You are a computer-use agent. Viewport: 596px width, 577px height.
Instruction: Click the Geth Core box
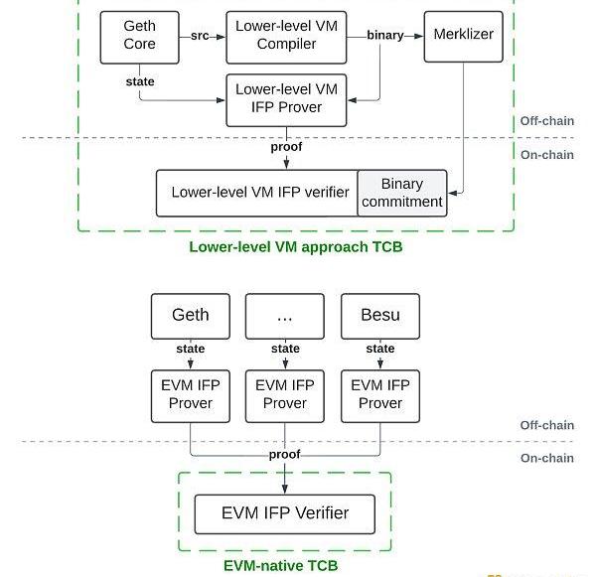(139, 35)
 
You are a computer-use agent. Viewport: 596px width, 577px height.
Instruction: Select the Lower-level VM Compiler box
(286, 35)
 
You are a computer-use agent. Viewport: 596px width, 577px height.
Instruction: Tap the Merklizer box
(463, 35)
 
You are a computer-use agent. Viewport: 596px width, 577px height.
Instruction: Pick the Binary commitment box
(401, 193)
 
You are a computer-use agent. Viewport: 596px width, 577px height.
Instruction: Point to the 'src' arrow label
(200, 35)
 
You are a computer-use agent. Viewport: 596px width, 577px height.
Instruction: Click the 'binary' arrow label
(385, 35)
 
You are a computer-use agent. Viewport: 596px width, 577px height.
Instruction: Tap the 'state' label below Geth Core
(139, 79)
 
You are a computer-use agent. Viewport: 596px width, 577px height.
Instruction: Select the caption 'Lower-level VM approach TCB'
(296, 246)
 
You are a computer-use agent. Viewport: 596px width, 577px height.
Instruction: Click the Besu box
(380, 315)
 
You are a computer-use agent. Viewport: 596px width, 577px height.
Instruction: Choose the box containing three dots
(285, 315)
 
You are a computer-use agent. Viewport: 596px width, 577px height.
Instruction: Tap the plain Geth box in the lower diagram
(190, 315)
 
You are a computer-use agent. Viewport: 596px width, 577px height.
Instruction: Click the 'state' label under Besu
(380, 349)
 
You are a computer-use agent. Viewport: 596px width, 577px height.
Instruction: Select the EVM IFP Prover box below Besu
(380, 394)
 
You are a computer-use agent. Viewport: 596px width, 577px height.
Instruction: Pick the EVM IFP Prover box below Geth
(190, 394)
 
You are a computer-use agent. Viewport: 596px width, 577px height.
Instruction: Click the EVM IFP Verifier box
(285, 513)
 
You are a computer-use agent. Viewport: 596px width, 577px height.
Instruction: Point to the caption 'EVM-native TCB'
(280, 566)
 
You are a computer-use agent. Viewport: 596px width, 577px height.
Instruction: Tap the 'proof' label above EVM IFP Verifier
(285, 454)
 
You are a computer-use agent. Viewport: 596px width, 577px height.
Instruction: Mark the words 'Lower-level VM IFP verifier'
(256, 193)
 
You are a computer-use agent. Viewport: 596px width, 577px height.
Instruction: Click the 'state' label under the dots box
(285, 349)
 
